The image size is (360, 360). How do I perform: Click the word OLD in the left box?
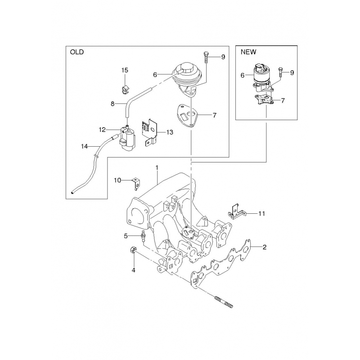(x=77, y=52)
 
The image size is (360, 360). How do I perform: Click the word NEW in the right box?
(x=248, y=52)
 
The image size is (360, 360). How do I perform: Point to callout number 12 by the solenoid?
(x=102, y=130)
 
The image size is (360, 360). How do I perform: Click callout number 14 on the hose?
(x=84, y=146)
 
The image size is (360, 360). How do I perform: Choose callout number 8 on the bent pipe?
(x=112, y=104)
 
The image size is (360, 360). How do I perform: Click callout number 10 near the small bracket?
(x=117, y=180)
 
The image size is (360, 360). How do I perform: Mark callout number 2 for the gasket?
(x=265, y=247)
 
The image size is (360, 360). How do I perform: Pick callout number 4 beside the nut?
(x=133, y=270)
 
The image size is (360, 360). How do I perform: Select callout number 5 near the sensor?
(x=126, y=236)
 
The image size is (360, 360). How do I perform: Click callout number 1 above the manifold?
(x=157, y=168)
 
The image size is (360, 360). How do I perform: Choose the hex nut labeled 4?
(x=133, y=251)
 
